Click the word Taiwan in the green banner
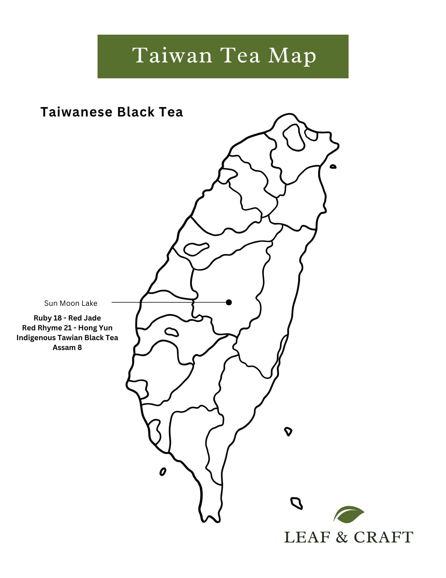pyautogui.click(x=172, y=56)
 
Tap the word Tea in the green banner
pyautogui.click(x=240, y=56)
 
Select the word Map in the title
pyautogui.click(x=292, y=57)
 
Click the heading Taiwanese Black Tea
pyautogui.click(x=111, y=112)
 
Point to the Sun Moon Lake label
pyautogui.click(x=71, y=303)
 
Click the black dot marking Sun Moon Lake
pyautogui.click(x=229, y=302)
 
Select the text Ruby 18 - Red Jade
pyautogui.click(x=67, y=318)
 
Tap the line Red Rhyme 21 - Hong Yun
pyautogui.click(x=67, y=328)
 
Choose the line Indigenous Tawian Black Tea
pyautogui.click(x=67, y=338)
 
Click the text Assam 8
pyautogui.click(x=67, y=348)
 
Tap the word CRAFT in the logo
pyautogui.click(x=383, y=537)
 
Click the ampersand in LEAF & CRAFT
pyautogui.click(x=342, y=537)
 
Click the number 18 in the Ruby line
pyautogui.click(x=58, y=318)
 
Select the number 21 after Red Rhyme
pyautogui.click(x=69, y=328)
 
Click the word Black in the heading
pyautogui.click(x=136, y=112)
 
